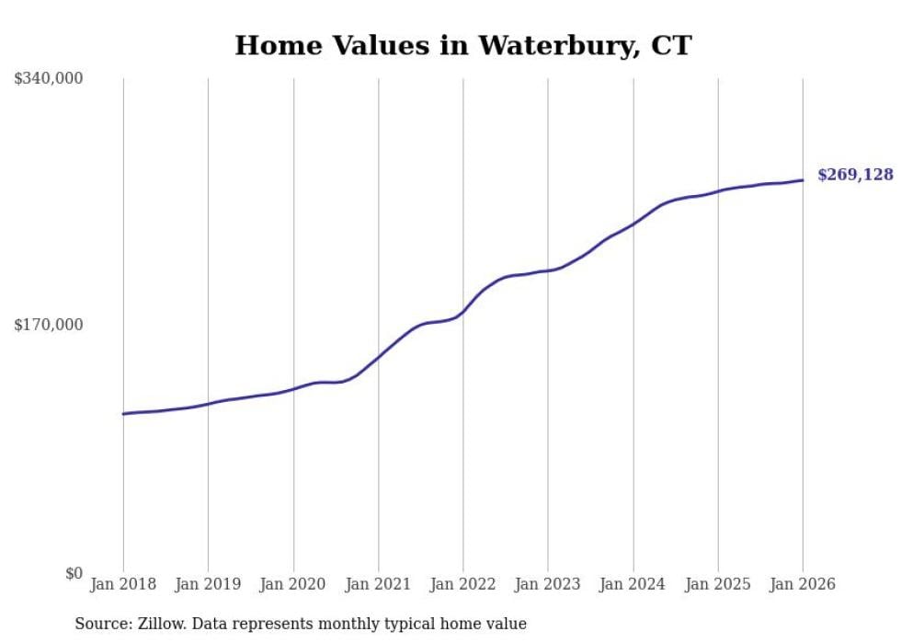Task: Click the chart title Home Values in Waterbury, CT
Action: [462, 45]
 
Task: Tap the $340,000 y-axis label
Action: [49, 79]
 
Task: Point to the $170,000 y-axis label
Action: [49, 325]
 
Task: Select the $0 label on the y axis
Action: [74, 573]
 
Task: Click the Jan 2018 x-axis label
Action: [123, 584]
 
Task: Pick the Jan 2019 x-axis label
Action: [208, 584]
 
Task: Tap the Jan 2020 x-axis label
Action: [293, 584]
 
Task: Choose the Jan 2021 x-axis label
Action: [378, 584]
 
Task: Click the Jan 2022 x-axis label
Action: [463, 584]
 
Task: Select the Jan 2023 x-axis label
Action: [548, 584]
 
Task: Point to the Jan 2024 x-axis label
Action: [633, 584]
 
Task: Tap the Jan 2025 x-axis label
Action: [718, 584]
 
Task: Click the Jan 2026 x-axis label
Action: [803, 584]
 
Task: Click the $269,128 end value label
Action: [855, 175]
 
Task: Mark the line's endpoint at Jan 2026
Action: [803, 180]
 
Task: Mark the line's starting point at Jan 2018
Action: [123, 414]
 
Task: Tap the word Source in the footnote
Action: [101, 624]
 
